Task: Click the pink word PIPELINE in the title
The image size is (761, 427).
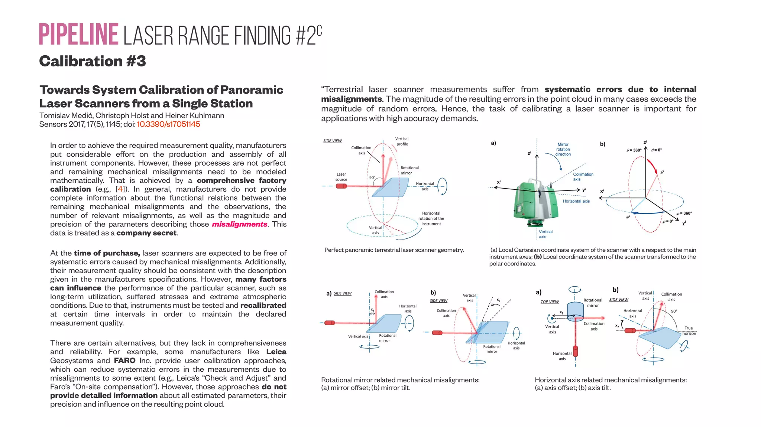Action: pyautogui.click(x=78, y=35)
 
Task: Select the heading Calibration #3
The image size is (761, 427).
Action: pyautogui.click(x=93, y=61)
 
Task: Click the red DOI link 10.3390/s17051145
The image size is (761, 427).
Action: pyautogui.click(x=168, y=124)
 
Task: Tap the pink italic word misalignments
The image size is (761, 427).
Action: pyautogui.click(x=239, y=224)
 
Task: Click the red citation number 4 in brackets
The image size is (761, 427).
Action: pyautogui.click(x=120, y=189)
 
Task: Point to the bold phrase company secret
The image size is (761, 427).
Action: pyautogui.click(x=146, y=233)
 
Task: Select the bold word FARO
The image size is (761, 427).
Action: pyautogui.click(x=124, y=361)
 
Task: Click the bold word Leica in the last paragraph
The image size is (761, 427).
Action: pyautogui.click(x=276, y=352)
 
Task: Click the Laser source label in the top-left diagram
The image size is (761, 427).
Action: pyautogui.click(x=341, y=177)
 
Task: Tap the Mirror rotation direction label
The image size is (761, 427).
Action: pyautogui.click(x=563, y=149)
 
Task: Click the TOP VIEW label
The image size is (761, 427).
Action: pyautogui.click(x=550, y=302)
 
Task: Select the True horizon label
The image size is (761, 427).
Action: pyautogui.click(x=689, y=330)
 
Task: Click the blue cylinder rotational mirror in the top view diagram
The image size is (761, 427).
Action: pyautogui.click(x=576, y=310)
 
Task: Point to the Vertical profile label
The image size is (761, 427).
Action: pyautogui.click(x=402, y=141)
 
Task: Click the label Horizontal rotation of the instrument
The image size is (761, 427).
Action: pyautogui.click(x=431, y=218)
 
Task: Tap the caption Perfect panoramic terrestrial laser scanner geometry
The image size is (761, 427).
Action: pyautogui.click(x=394, y=250)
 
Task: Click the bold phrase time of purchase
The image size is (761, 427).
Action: pyautogui.click(x=107, y=253)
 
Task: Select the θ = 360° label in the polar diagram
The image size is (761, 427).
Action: pyautogui.click(x=634, y=150)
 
